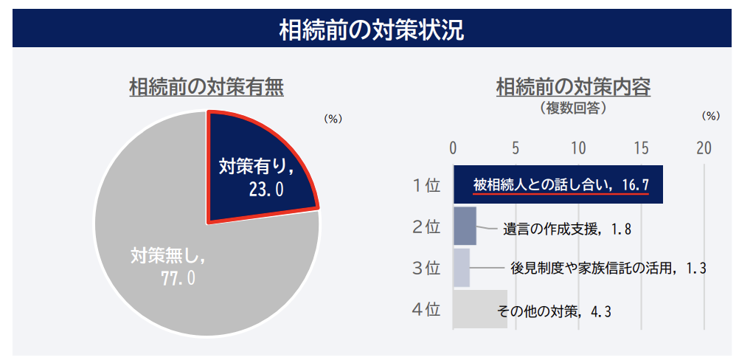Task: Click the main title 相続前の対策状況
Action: coord(371,30)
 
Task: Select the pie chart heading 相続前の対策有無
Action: coord(206,87)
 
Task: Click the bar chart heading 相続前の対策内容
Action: coord(573,87)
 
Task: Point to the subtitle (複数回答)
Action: coord(573,108)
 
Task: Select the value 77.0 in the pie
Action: coord(178,278)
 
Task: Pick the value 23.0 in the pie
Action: coord(266,190)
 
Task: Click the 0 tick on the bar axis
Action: coord(454,147)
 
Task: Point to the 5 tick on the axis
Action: coord(516,147)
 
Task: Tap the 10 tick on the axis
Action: coord(579,147)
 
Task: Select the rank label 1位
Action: coord(426,185)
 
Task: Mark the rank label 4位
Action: coord(426,308)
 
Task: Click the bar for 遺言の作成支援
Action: coord(465,226)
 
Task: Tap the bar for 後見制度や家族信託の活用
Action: coord(462,267)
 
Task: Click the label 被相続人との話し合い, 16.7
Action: coord(561,184)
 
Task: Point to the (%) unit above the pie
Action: coord(333,118)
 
